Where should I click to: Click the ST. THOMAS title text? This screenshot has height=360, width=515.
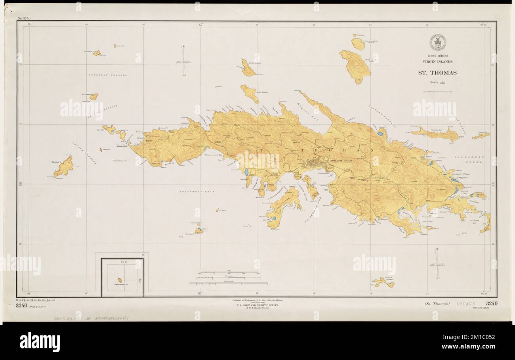pos(438,73)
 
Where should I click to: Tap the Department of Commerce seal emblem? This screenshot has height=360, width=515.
pos(438,42)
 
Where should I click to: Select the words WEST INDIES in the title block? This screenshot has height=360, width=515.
pos(438,56)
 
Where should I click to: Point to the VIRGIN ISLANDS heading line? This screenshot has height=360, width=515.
pos(438,61)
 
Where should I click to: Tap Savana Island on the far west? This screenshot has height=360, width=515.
pos(63,167)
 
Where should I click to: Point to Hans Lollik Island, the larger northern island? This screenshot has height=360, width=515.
pos(355,63)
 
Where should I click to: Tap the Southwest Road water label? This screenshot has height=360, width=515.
pos(196,191)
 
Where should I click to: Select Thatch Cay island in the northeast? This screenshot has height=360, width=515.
pos(436,134)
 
